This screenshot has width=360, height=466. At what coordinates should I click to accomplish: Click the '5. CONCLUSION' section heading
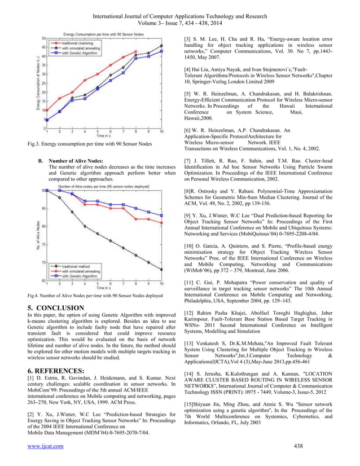coord(56,307)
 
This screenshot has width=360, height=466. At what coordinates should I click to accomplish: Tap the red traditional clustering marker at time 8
coord(136,51)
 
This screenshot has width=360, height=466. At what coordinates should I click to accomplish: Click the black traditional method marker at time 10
coord(162,270)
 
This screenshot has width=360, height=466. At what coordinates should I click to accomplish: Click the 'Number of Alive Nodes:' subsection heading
coord(76,161)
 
